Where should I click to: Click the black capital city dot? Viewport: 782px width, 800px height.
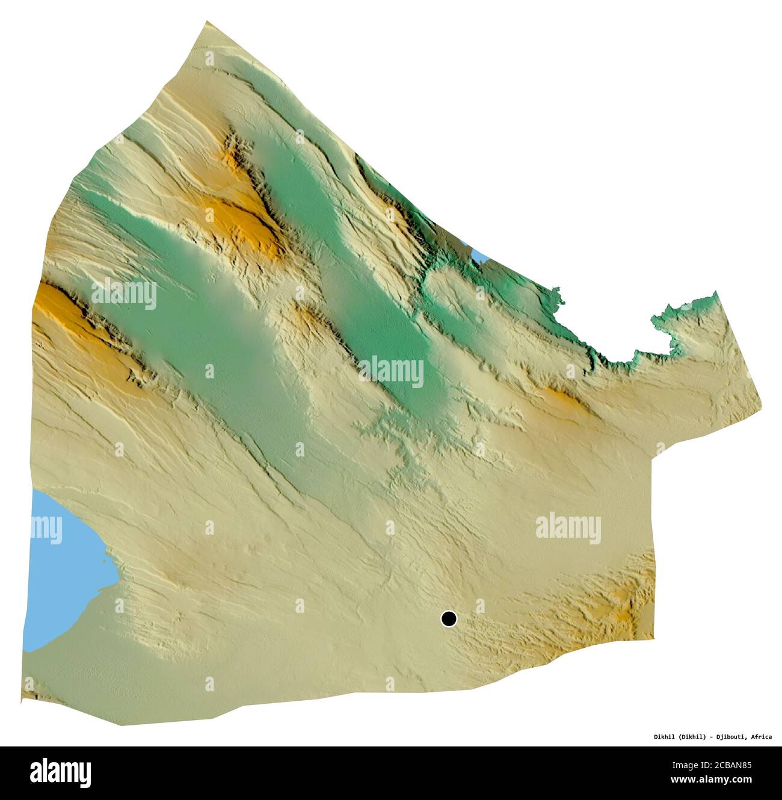pos(448,618)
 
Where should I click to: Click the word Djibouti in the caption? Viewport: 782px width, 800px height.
pos(727,736)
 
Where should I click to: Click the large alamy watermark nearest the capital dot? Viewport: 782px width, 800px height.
pos(568,529)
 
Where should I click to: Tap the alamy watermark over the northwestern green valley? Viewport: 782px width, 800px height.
pos(124,294)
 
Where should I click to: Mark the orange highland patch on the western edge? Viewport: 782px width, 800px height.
pos(57,307)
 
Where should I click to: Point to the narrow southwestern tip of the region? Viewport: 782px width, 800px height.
pos(24,698)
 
